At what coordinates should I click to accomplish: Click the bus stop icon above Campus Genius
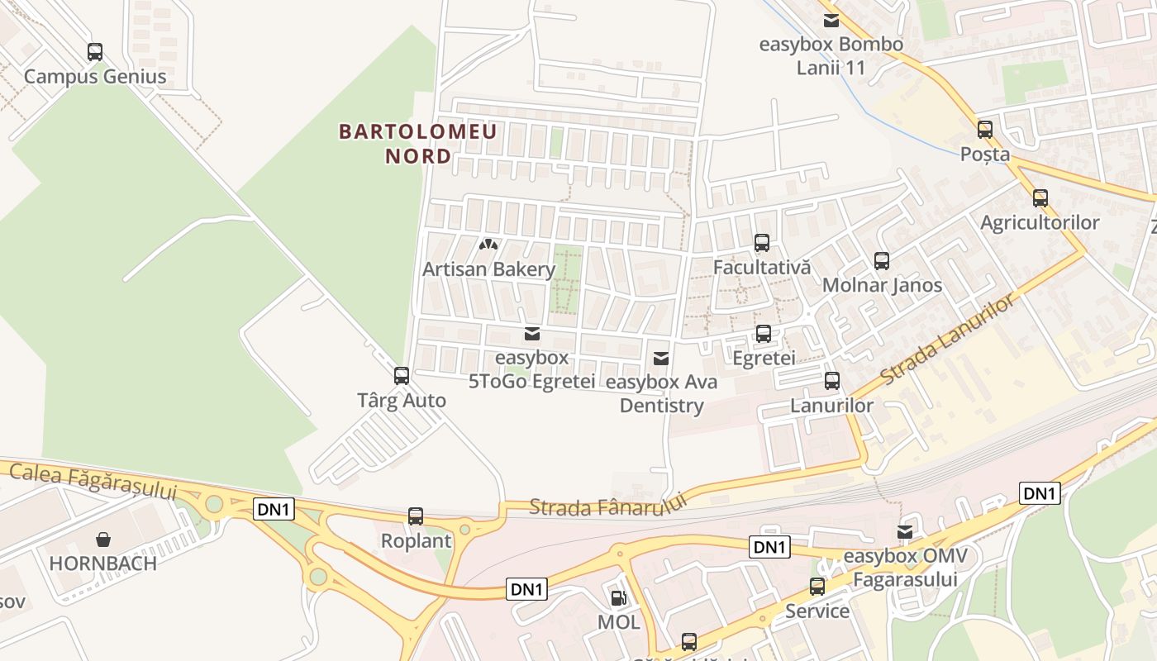[95, 52]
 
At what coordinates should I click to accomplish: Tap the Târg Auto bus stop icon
[402, 376]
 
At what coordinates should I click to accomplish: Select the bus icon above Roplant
[416, 516]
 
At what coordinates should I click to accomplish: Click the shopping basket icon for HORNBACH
[103, 540]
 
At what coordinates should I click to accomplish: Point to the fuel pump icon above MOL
[618, 598]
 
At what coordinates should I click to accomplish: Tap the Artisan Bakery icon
[488, 245]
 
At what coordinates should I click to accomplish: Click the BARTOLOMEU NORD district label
[418, 144]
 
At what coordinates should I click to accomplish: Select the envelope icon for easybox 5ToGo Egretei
[532, 334]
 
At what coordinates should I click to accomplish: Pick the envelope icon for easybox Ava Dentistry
[661, 359]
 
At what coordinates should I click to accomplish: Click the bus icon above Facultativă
[762, 243]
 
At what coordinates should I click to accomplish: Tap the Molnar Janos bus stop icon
[882, 261]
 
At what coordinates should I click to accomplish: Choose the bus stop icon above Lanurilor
[832, 381]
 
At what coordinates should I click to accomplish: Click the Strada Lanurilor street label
[947, 340]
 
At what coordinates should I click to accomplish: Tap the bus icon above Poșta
[985, 130]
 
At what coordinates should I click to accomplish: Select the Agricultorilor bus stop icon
[1040, 198]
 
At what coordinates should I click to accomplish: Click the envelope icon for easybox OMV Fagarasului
[906, 532]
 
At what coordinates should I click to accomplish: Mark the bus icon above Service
[817, 587]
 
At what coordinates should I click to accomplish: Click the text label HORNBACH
[103, 564]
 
